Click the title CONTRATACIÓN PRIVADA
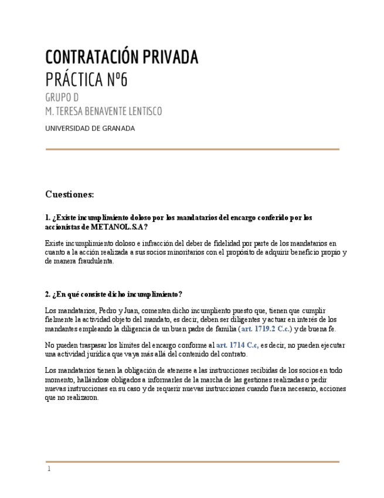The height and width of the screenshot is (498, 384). pos(122,58)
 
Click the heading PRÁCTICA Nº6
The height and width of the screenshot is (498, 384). pos(86,80)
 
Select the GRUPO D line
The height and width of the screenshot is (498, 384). pos(62,97)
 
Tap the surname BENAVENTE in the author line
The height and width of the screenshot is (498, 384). pos(111,112)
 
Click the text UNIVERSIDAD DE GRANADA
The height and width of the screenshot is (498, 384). pos(90,129)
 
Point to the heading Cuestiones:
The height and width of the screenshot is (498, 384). pos(69,194)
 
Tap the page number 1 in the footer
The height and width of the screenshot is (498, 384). pos(49,469)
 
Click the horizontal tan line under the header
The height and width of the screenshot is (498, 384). pos(192,149)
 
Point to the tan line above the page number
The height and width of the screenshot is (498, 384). pos(192,462)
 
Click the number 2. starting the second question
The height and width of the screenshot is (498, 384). pos(47,294)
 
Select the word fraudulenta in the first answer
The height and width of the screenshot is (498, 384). pos(94,261)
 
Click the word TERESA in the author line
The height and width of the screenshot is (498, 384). pos(72,112)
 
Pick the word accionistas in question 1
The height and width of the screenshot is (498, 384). pos(63,227)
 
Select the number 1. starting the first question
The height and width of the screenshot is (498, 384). pos(47,217)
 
